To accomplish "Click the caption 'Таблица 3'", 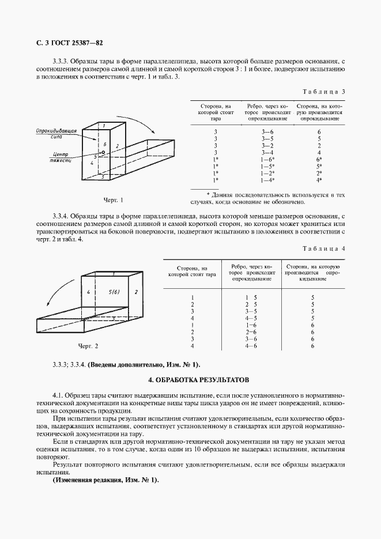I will click(323, 92).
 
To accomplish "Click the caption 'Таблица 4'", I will click(323, 248).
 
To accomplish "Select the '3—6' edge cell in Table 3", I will click(267, 131).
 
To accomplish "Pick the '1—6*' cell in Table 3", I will click(267, 159).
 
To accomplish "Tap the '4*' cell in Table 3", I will click(319, 180).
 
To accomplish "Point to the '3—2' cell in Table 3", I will click(267, 145).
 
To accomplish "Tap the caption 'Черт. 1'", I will click(114, 200).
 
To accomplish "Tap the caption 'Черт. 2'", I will click(88, 346).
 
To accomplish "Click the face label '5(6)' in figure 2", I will click(114, 292).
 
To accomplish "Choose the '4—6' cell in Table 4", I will click(251, 346).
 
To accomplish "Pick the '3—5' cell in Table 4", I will click(251, 311).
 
